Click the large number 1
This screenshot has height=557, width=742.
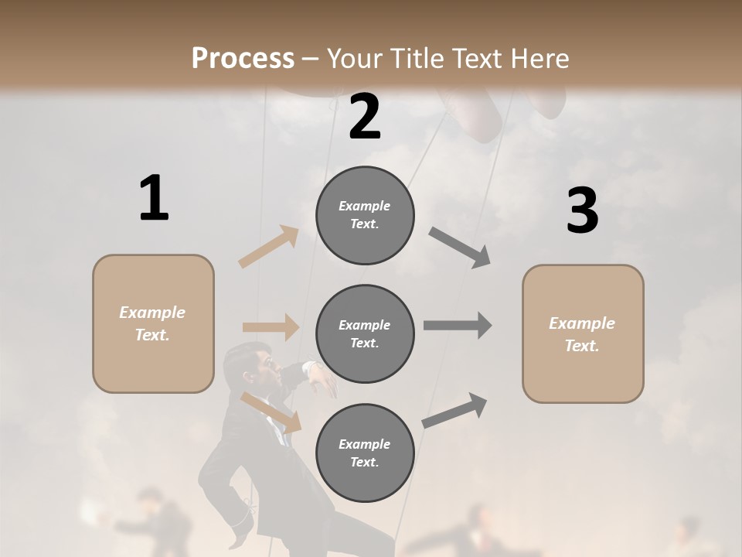(154, 198)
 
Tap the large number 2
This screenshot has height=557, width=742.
(365, 117)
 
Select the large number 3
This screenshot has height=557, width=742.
(582, 210)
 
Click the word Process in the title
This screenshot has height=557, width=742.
(243, 58)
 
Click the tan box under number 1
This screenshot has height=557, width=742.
(153, 323)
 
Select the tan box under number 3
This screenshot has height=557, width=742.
(583, 333)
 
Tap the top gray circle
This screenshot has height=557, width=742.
(365, 215)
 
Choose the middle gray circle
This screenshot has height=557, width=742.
(365, 334)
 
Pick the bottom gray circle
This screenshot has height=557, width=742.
(365, 453)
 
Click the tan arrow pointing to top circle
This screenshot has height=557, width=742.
(269, 247)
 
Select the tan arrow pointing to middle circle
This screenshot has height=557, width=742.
(271, 327)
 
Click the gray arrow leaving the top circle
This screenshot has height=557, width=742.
(460, 248)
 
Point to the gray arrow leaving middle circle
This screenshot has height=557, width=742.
(457, 325)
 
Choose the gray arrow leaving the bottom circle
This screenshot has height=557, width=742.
(455, 410)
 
